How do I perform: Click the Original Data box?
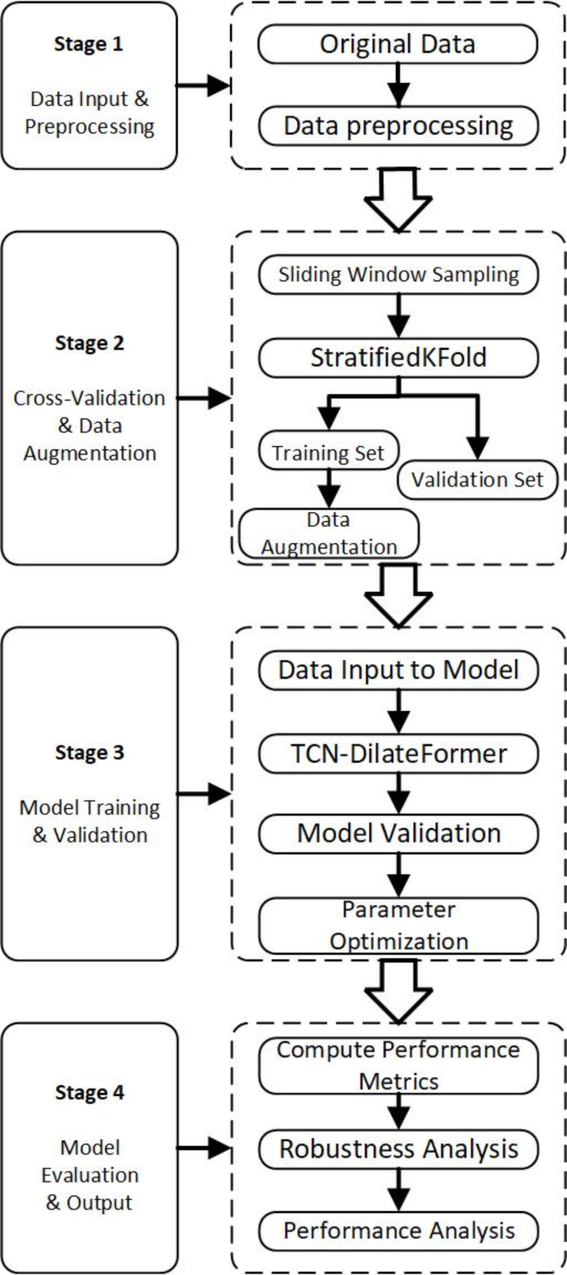[x=398, y=45]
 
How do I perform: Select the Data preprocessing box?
[x=398, y=127]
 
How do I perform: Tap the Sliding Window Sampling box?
[x=398, y=276]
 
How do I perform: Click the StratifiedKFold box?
[x=398, y=358]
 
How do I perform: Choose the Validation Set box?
[x=475, y=480]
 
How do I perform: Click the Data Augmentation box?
[x=329, y=534]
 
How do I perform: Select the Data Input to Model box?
[x=398, y=670]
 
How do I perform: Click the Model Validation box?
[x=398, y=833]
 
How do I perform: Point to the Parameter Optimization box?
[x=398, y=926]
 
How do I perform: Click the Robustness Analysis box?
[x=398, y=1148]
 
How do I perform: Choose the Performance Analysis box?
[x=398, y=1230]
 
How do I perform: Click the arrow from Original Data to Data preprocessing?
[x=398, y=86]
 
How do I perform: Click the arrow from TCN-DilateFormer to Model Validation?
[x=398, y=793]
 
